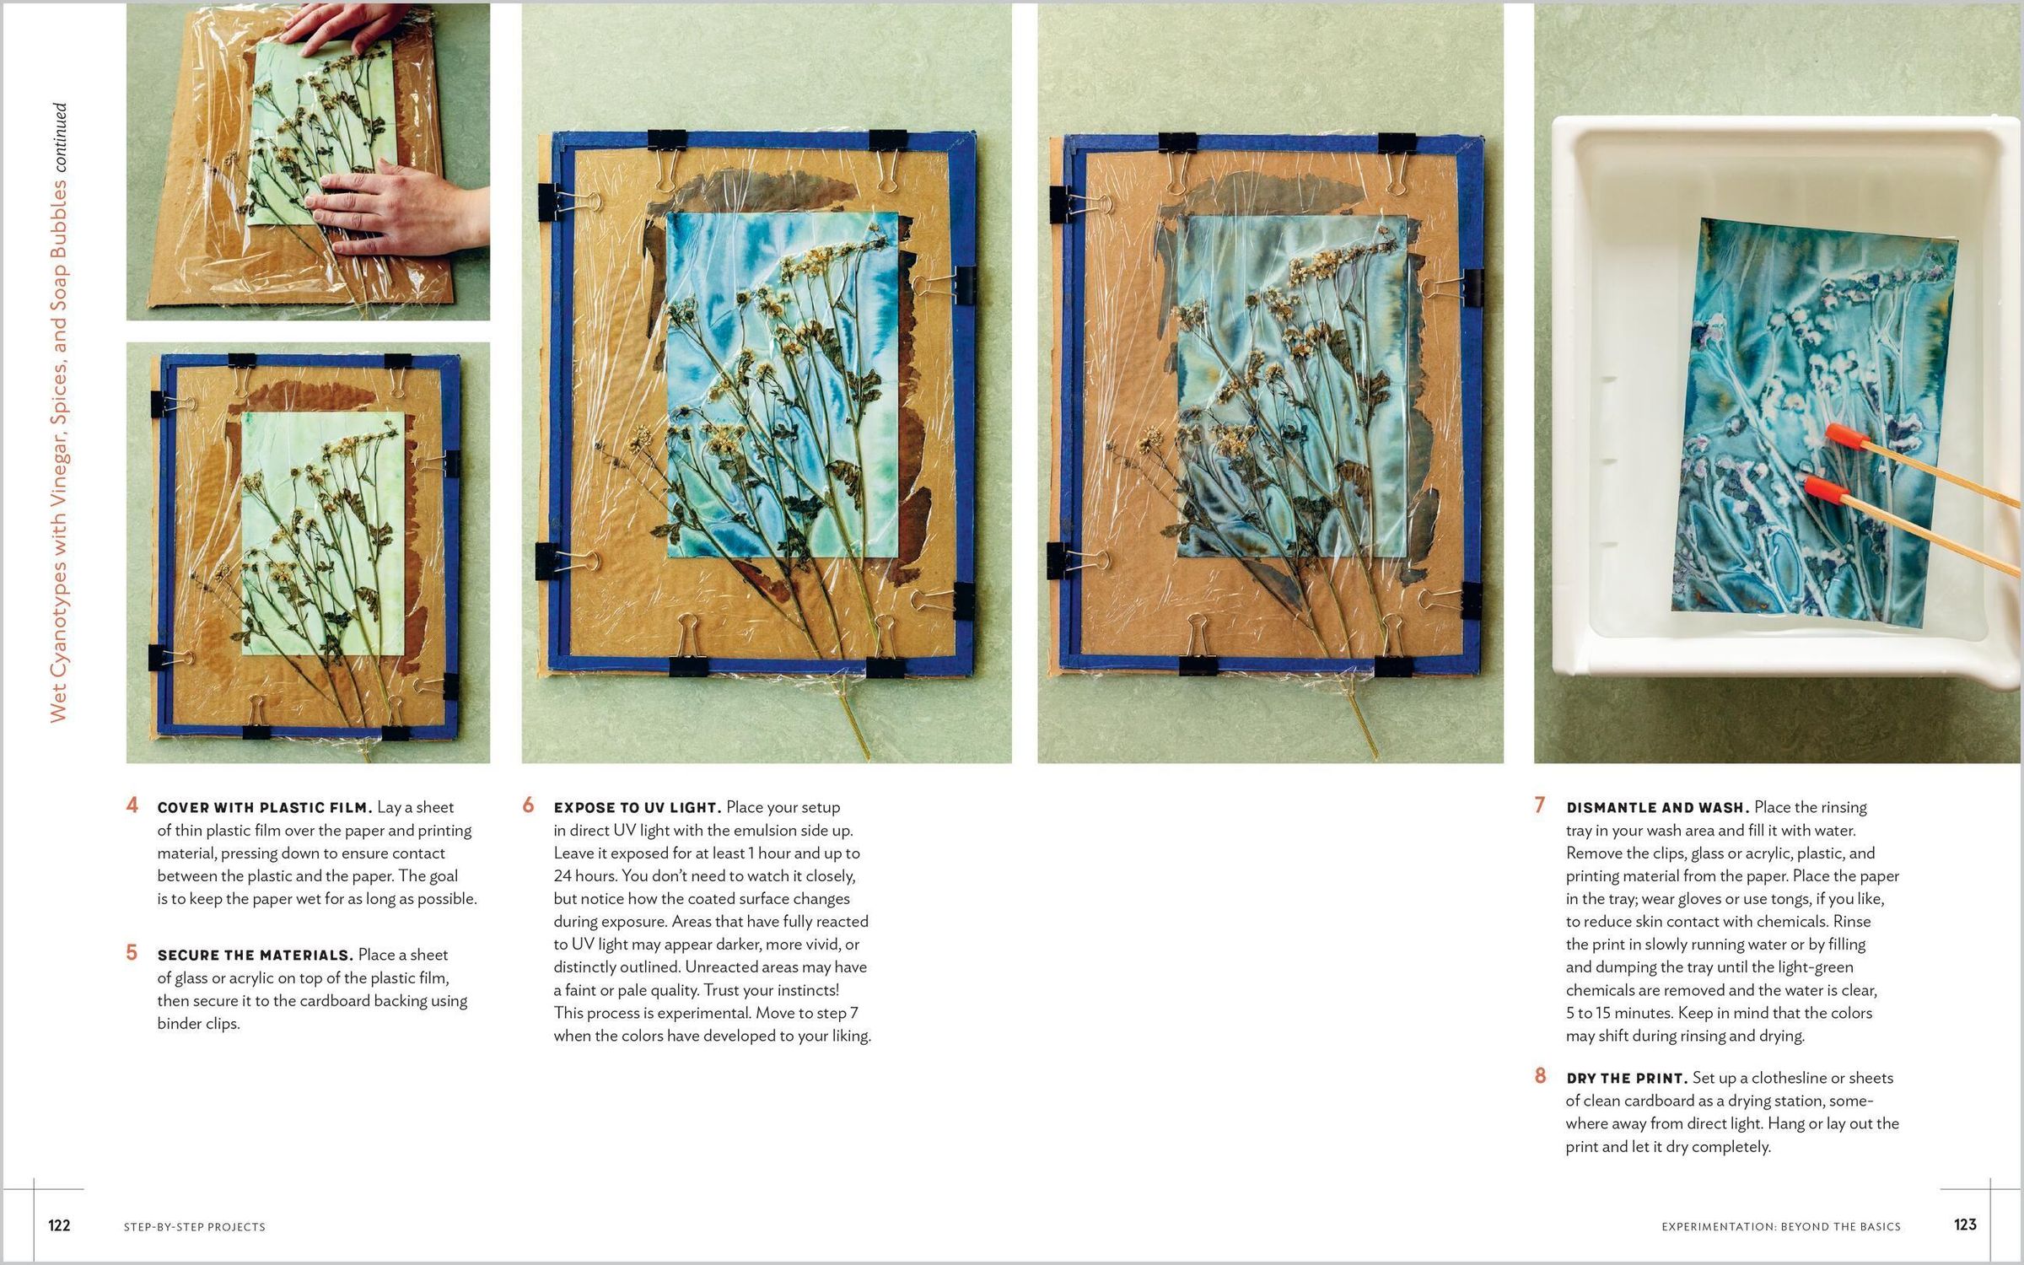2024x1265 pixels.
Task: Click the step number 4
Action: pyautogui.click(x=132, y=805)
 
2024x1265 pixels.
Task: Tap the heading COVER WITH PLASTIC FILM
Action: pyautogui.click(x=265, y=808)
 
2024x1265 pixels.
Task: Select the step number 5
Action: pyautogui.click(x=132, y=953)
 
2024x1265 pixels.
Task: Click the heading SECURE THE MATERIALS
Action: pyautogui.click(x=256, y=955)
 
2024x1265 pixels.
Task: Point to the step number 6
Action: pyautogui.click(x=528, y=805)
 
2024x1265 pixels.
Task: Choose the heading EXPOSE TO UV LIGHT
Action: pyautogui.click(x=638, y=808)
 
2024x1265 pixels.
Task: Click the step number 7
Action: pyautogui.click(x=1540, y=805)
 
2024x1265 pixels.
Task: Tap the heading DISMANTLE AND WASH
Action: pyautogui.click(x=1658, y=808)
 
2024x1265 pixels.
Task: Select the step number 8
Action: pyautogui.click(x=1540, y=1076)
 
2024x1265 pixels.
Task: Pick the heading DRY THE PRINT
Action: pyautogui.click(x=1627, y=1079)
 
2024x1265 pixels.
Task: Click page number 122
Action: pyautogui.click(x=59, y=1225)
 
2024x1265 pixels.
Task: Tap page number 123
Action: pyautogui.click(x=1965, y=1225)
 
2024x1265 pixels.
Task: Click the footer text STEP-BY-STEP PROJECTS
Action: pyautogui.click(x=195, y=1227)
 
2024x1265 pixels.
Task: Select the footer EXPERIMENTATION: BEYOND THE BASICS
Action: pyautogui.click(x=1781, y=1227)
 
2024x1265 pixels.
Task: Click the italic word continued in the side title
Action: pyautogui.click(x=59, y=138)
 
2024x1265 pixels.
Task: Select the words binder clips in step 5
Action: pyautogui.click(x=199, y=1024)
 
